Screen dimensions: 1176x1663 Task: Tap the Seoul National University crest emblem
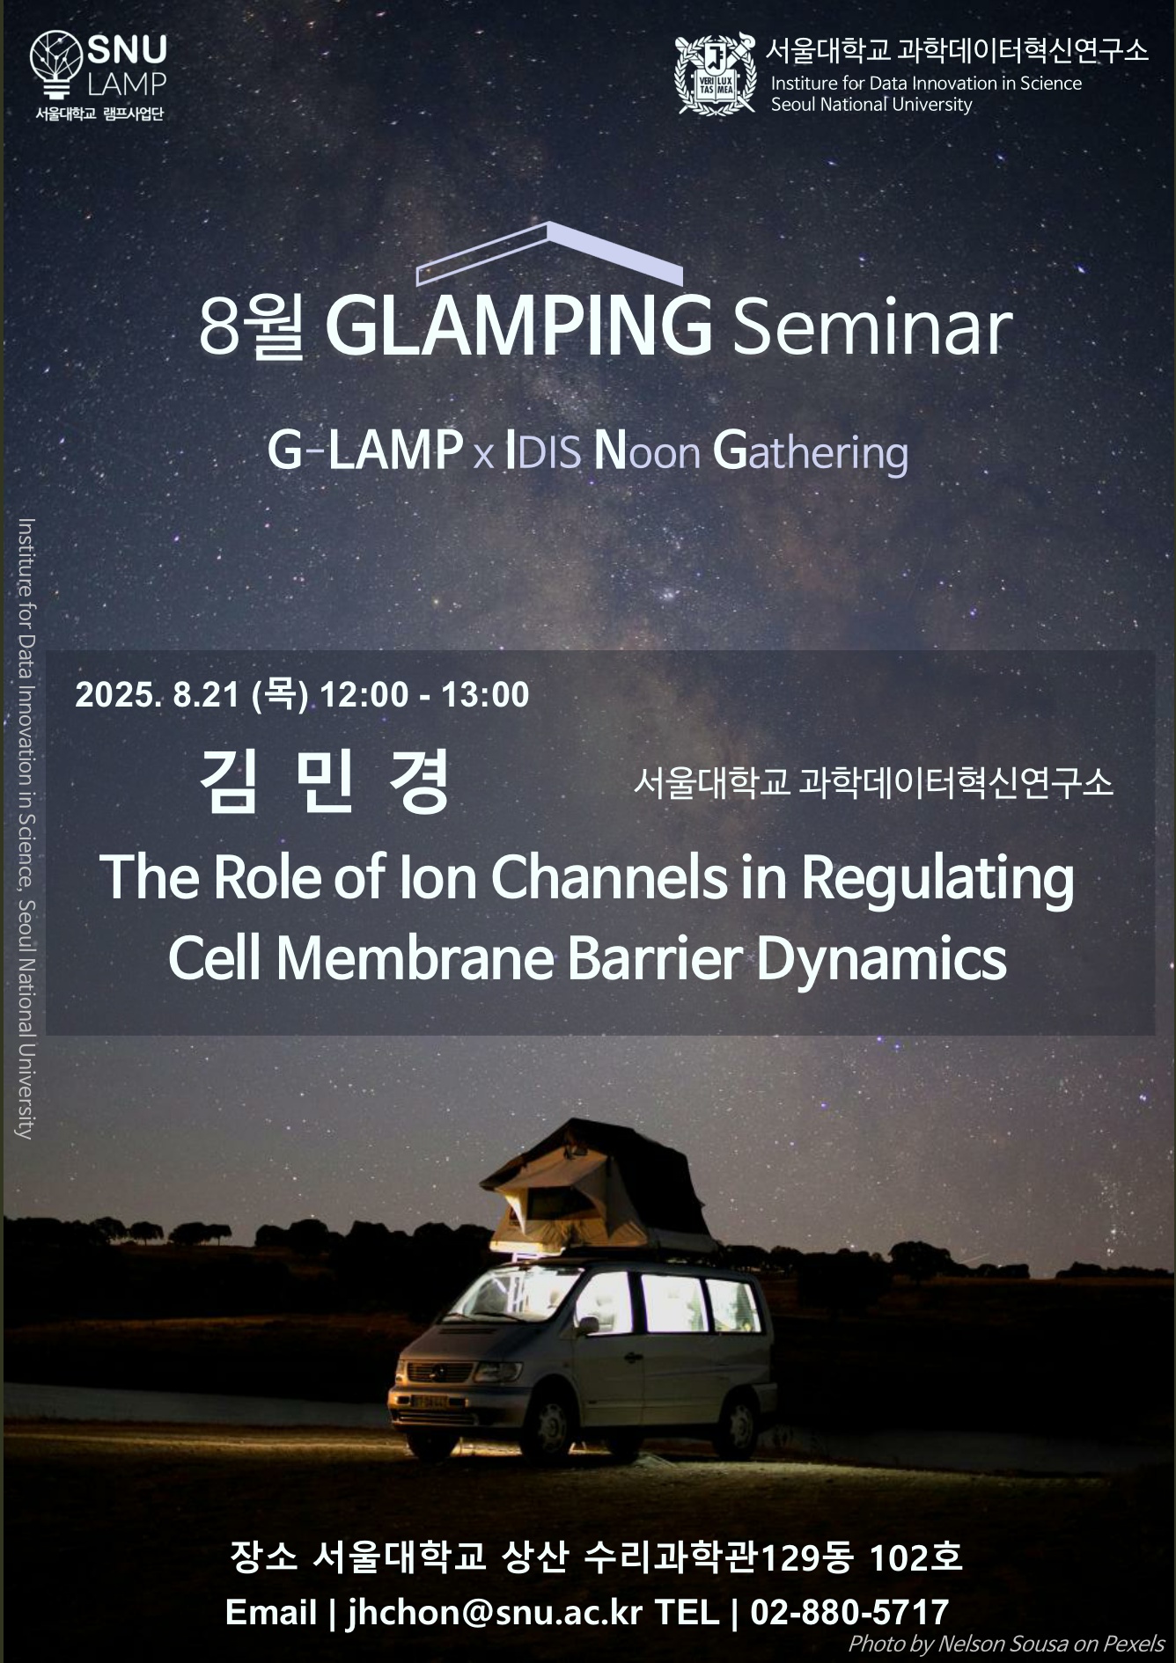tap(715, 74)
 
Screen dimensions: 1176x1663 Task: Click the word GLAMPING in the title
tap(518, 326)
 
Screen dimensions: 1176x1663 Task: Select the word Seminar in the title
tap(871, 328)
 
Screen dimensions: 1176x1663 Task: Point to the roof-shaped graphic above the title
tap(549, 253)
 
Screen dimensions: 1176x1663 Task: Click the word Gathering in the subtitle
tap(810, 453)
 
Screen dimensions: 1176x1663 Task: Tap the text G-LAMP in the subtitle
tap(365, 451)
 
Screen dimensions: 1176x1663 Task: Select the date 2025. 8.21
tap(158, 694)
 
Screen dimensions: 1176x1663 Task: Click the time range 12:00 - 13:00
tap(424, 694)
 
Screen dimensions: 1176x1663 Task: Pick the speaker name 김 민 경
tap(326, 780)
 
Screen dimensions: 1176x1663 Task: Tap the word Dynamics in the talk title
tap(881, 960)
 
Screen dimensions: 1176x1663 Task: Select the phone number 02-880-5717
tap(849, 1612)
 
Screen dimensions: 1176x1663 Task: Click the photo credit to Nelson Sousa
tap(1006, 1643)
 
